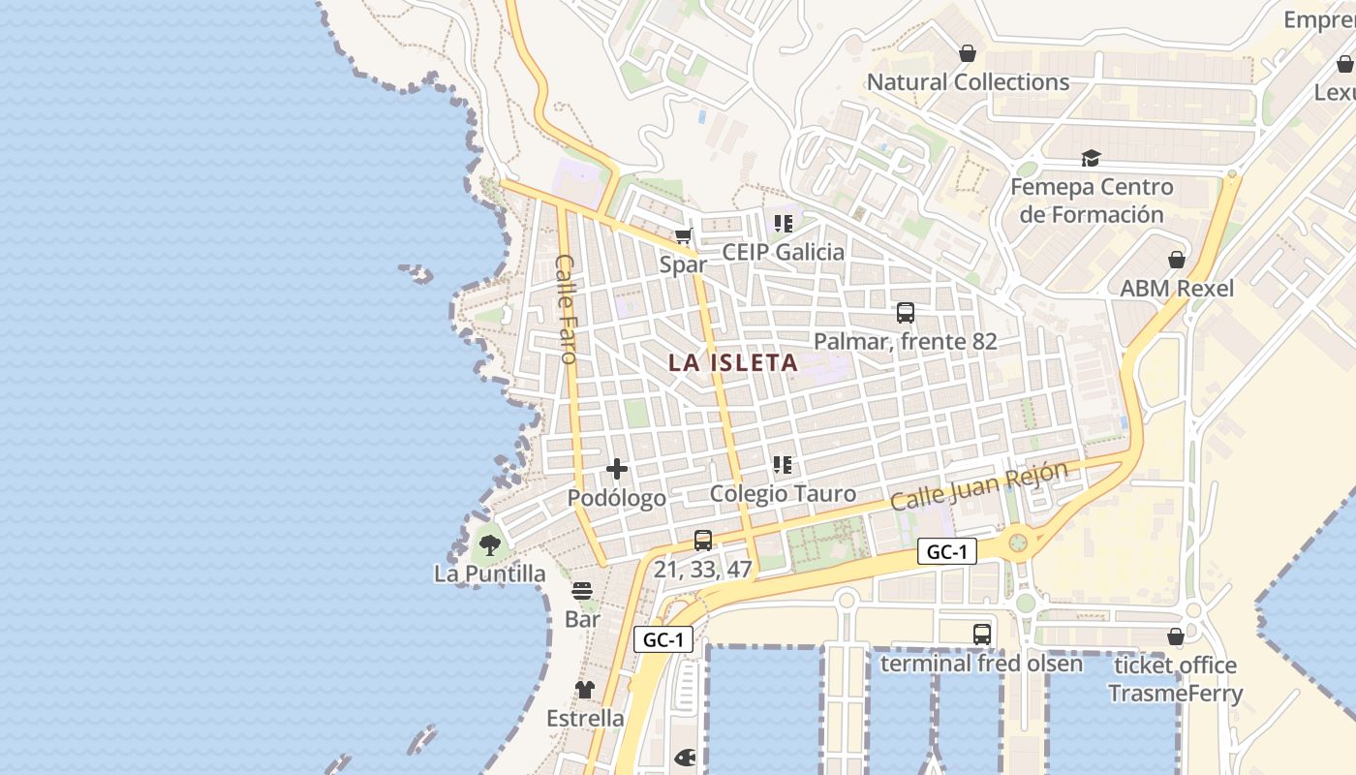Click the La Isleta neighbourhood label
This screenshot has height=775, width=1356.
tap(733, 363)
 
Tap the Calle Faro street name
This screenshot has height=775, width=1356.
tap(567, 308)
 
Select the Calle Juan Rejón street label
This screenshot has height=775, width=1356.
tap(978, 486)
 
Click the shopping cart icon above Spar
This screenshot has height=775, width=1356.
tap(684, 235)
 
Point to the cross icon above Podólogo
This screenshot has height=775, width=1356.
tap(617, 470)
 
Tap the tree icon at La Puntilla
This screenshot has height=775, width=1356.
tap(490, 544)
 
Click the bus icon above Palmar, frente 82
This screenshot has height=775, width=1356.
tap(906, 313)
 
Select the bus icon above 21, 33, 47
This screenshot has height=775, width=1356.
tap(703, 541)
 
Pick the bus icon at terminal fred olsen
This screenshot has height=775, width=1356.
tap(982, 635)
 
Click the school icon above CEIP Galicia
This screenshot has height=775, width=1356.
tap(784, 224)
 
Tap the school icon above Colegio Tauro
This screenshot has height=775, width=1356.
tap(784, 465)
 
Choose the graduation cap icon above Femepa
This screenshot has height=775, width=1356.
tap(1092, 159)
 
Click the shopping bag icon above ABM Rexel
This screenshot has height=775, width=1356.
tap(1177, 260)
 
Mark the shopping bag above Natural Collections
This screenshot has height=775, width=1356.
tap(968, 53)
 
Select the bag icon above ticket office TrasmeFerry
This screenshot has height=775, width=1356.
tap(1176, 636)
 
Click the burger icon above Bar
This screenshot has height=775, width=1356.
tap(582, 590)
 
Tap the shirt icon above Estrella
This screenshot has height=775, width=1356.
tap(585, 690)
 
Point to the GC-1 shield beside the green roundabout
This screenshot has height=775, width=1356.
tap(947, 552)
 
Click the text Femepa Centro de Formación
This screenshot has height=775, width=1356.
tap(1092, 201)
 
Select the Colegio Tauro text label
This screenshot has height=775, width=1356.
tap(783, 494)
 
